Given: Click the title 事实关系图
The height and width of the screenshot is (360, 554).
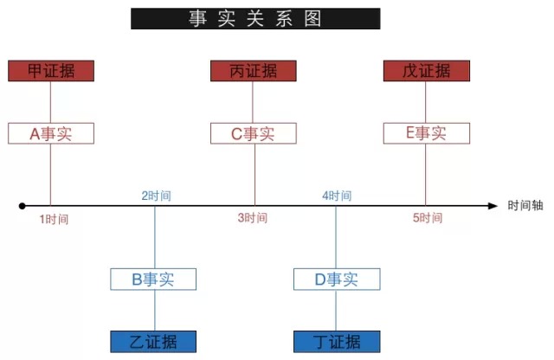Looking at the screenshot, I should [x=255, y=18].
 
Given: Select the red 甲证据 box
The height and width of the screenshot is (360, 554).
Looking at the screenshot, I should [x=51, y=71].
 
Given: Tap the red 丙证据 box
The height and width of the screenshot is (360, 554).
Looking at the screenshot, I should [x=254, y=71].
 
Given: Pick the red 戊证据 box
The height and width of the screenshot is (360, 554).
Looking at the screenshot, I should [x=427, y=71].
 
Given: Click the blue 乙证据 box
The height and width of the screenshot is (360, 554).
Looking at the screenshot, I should [x=154, y=341].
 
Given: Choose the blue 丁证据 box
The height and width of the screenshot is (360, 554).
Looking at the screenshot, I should [x=336, y=341].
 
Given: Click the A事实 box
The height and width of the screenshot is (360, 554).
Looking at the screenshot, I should [x=51, y=133].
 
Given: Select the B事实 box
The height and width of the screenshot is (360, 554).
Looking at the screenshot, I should [x=154, y=279].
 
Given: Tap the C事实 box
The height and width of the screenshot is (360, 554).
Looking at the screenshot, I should [x=254, y=133].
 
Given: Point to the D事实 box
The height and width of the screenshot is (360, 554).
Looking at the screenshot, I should [x=336, y=279].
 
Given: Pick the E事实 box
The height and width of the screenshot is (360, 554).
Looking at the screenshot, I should [x=427, y=133].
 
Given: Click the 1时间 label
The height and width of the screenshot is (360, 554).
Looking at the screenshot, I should [x=54, y=219].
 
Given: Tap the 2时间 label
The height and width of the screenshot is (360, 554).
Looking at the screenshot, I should [x=156, y=196].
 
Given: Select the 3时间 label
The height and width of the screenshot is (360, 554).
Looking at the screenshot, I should [x=253, y=219].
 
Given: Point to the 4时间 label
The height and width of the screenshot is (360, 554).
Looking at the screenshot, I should [x=337, y=196].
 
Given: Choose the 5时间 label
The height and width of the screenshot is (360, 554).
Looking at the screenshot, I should [x=428, y=219].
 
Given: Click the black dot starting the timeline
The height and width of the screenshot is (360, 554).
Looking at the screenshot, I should [x=23, y=206].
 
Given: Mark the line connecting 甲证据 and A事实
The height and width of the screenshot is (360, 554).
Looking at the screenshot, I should [x=51, y=102].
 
